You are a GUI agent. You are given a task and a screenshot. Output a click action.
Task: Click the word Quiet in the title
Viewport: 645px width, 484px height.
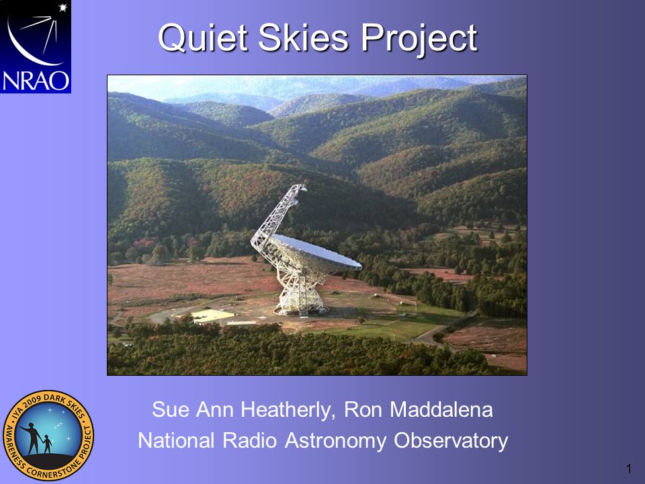click(203, 38)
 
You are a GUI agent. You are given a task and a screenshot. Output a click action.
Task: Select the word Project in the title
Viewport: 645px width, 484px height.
click(419, 40)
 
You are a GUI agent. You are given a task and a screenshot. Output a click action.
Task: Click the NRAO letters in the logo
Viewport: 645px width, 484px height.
click(36, 81)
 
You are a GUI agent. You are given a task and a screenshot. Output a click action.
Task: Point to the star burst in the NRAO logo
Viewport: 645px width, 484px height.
click(62, 7)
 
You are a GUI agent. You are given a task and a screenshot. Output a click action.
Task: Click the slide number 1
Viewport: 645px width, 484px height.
click(629, 469)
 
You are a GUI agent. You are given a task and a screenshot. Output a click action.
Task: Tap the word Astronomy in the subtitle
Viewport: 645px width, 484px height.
click(336, 441)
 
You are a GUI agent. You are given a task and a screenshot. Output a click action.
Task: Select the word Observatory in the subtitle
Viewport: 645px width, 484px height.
click(451, 441)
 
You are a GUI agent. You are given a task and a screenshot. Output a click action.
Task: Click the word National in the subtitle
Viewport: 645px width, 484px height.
click(176, 440)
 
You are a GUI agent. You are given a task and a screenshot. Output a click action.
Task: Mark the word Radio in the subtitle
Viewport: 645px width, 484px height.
click(249, 440)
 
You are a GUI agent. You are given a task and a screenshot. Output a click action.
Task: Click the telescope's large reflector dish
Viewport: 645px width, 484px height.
click(316, 251)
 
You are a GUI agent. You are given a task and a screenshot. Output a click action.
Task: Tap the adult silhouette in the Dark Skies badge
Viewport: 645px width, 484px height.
click(33, 438)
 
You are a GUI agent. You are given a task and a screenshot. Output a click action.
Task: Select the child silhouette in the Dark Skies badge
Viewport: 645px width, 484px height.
click(47, 444)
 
